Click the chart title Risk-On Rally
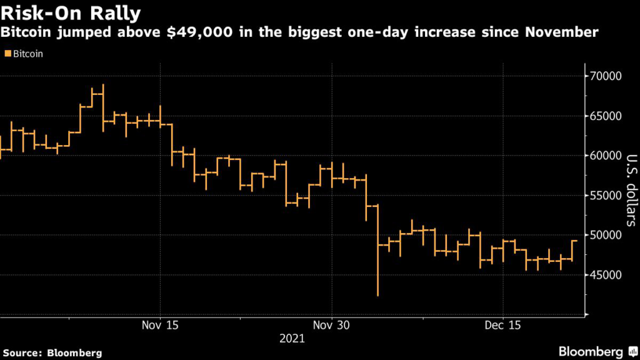pyautogui.click(x=71, y=13)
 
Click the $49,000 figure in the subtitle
pyautogui.click(x=200, y=32)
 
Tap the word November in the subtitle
pyautogui.click(x=562, y=32)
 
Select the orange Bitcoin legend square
pyautogui.click(x=7, y=54)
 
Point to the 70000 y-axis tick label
pyautogui.click(x=606, y=76)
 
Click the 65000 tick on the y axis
pyautogui.click(x=606, y=116)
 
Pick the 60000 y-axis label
pyautogui.click(x=606, y=156)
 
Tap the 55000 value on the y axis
pyautogui.click(x=606, y=196)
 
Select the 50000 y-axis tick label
pyautogui.click(x=606, y=235)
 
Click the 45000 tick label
pyautogui.click(x=606, y=275)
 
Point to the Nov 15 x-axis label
pyautogui.click(x=160, y=325)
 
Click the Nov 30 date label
pyautogui.click(x=331, y=325)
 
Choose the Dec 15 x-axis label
pyautogui.click(x=503, y=325)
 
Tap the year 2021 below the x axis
pyautogui.click(x=292, y=338)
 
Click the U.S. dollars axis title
pyautogui.click(x=631, y=190)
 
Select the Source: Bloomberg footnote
pyautogui.click(x=52, y=353)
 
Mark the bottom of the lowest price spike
pyautogui.click(x=378, y=296)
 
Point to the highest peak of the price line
pyautogui.click(x=103, y=84)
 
